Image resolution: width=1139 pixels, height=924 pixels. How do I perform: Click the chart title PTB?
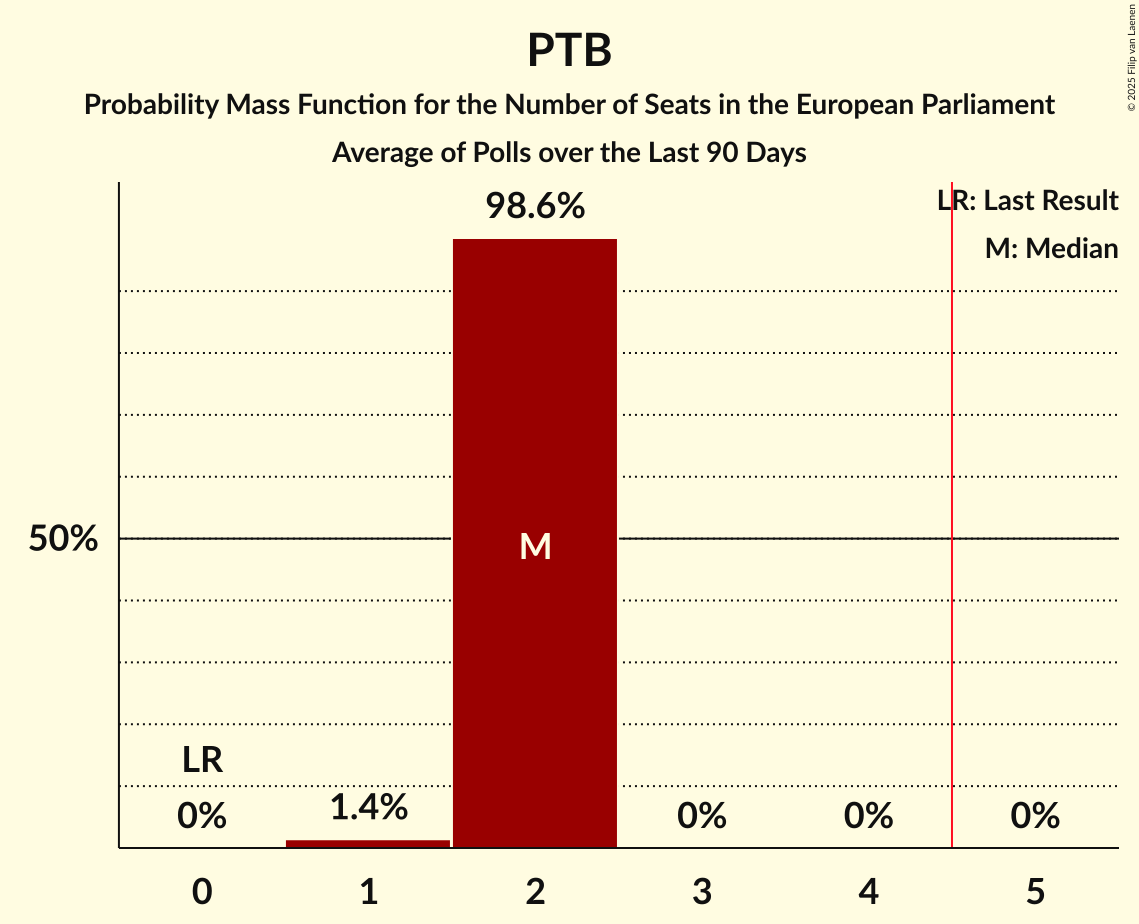pyautogui.click(x=569, y=51)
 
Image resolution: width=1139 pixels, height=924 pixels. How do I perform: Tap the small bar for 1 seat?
pyautogui.click(x=368, y=844)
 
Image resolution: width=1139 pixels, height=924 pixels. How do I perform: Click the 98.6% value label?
pyautogui.click(x=535, y=207)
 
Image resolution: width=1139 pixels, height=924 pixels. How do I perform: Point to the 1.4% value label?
pyautogui.click(x=368, y=806)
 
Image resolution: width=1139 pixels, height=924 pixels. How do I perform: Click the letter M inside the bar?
pyautogui.click(x=535, y=546)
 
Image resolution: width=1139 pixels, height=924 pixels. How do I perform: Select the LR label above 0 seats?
pyautogui.click(x=202, y=760)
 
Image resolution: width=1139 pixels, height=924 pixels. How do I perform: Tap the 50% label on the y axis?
pyautogui.click(x=63, y=539)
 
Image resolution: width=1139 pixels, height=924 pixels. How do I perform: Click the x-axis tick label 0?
pyautogui.click(x=202, y=891)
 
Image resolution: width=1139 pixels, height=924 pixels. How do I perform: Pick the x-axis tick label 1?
pyautogui.click(x=368, y=891)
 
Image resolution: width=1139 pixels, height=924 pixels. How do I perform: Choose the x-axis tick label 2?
pyautogui.click(x=535, y=891)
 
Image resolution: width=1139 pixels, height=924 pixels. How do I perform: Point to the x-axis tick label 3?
pyautogui.click(x=702, y=891)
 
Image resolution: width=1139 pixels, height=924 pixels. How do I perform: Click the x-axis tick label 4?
pyautogui.click(x=868, y=891)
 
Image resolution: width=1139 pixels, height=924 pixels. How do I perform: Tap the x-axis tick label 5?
pyautogui.click(x=1035, y=891)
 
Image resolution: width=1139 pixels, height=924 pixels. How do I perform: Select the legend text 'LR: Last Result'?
pyautogui.click(x=1028, y=201)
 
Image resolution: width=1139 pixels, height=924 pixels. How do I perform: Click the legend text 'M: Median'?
pyautogui.click(x=1051, y=248)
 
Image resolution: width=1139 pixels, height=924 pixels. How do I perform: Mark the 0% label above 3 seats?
pyautogui.click(x=702, y=817)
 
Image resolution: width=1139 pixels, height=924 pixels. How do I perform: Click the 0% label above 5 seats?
pyautogui.click(x=1035, y=817)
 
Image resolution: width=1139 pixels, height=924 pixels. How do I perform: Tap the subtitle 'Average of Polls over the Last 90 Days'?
pyautogui.click(x=569, y=153)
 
